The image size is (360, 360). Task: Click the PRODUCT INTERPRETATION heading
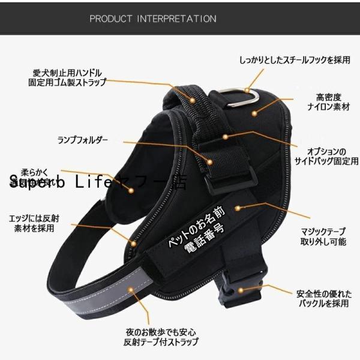pyautogui.click(x=152, y=19)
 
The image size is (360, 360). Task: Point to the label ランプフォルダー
pyautogui.click(x=83, y=140)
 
